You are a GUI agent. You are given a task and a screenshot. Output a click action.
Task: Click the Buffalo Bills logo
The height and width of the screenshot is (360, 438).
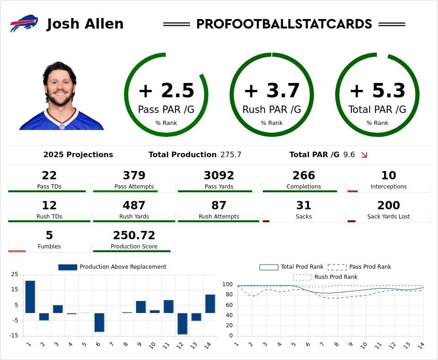coord(24,24)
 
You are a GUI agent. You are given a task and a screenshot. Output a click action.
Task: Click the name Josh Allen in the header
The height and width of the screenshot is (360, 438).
coord(85,24)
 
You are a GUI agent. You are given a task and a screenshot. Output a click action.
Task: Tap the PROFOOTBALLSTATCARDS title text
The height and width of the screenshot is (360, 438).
coord(284,24)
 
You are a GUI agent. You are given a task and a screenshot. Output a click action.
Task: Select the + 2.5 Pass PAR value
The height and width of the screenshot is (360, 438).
coord(166,91)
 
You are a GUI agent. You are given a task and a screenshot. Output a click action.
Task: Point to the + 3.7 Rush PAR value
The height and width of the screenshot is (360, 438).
coord(272,91)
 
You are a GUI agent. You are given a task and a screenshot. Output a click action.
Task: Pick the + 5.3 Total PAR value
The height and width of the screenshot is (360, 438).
coord(377,91)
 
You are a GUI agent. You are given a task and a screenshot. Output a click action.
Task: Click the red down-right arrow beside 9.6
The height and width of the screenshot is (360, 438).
coord(364,155)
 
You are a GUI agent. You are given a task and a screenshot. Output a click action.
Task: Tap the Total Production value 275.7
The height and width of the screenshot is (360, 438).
coord(231,155)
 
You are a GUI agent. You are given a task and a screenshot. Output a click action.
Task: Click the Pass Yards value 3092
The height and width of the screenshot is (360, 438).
coord(219,176)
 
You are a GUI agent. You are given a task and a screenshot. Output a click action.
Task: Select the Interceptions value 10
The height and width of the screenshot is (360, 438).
coord(389,176)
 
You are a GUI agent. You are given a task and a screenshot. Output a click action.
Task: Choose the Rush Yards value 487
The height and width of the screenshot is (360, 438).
coord(134,206)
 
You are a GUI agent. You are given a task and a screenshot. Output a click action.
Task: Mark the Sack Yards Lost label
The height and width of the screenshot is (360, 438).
coord(389,217)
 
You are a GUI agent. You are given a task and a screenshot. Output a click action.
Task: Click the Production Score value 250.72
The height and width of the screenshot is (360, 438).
coord(134,236)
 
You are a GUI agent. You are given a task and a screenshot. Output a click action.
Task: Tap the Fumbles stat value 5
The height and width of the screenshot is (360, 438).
coord(49,236)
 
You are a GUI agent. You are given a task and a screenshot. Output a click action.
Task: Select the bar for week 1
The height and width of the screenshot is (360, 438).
coord(30,296)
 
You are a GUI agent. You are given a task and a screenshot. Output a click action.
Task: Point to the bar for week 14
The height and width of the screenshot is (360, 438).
coord(210,303)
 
